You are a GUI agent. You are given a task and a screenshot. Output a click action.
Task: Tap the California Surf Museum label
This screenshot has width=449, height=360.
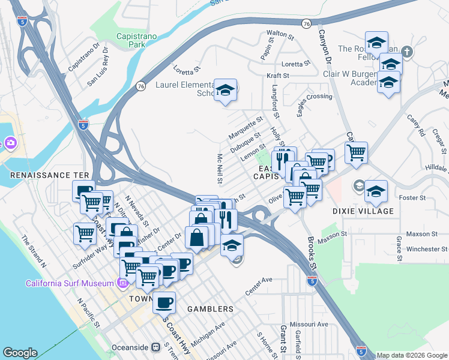[x=69, y=283]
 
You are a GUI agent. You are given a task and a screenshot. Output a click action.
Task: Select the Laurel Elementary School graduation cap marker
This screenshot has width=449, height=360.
[x=225, y=91]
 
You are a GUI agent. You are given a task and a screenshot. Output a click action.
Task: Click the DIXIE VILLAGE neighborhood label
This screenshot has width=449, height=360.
[x=363, y=211]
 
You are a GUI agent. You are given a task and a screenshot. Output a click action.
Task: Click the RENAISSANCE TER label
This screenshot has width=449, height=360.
[x=45, y=175]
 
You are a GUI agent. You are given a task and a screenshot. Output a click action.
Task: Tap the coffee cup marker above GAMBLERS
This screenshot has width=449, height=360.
[x=164, y=303]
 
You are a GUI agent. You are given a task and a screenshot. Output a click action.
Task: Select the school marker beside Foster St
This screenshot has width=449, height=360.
[x=376, y=192]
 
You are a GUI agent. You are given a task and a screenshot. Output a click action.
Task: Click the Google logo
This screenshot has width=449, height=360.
[x=20, y=352]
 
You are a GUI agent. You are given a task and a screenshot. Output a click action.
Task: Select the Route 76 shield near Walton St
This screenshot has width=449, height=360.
[x=306, y=23]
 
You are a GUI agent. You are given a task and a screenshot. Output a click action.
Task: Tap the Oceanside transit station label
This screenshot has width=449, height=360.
[x=131, y=347]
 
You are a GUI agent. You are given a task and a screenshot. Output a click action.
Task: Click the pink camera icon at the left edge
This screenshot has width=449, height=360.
[x=10, y=143]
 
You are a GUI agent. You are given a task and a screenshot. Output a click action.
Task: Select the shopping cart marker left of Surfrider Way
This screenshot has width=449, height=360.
[x=85, y=234]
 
